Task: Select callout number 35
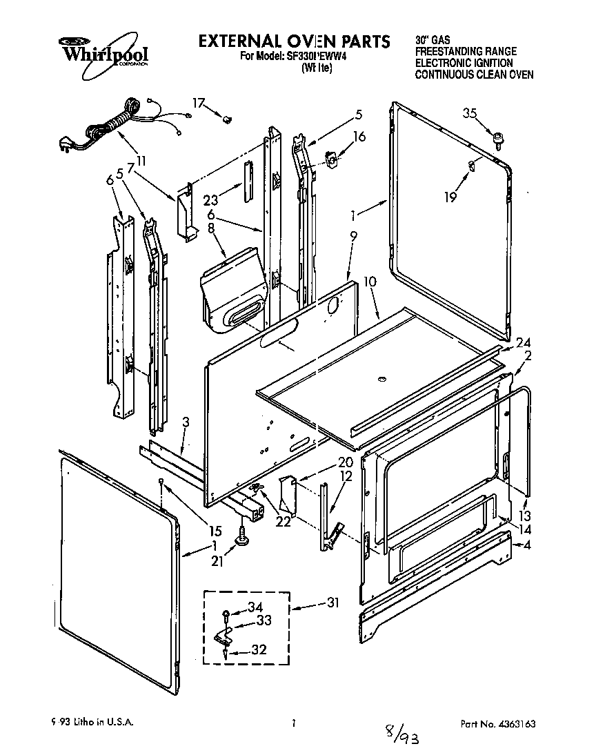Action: (469, 115)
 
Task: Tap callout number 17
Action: (199, 104)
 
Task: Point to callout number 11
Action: (141, 161)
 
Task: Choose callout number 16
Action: (359, 137)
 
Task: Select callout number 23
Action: (212, 201)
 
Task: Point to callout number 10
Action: (370, 282)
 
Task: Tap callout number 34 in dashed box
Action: (256, 608)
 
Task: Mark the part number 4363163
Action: (512, 724)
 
